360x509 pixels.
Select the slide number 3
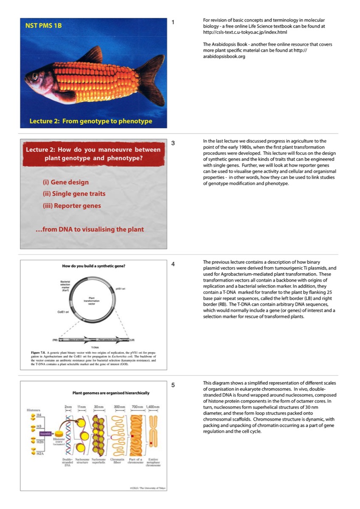coord(173,143)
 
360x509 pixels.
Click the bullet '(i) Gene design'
coord(66,182)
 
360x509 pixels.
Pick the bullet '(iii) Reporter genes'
coord(72,206)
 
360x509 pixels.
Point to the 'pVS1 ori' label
coord(120,288)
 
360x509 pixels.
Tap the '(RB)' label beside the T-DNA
coord(55,340)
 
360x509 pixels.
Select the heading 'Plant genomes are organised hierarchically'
coord(111,393)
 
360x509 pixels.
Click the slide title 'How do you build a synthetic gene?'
coord(93,266)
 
